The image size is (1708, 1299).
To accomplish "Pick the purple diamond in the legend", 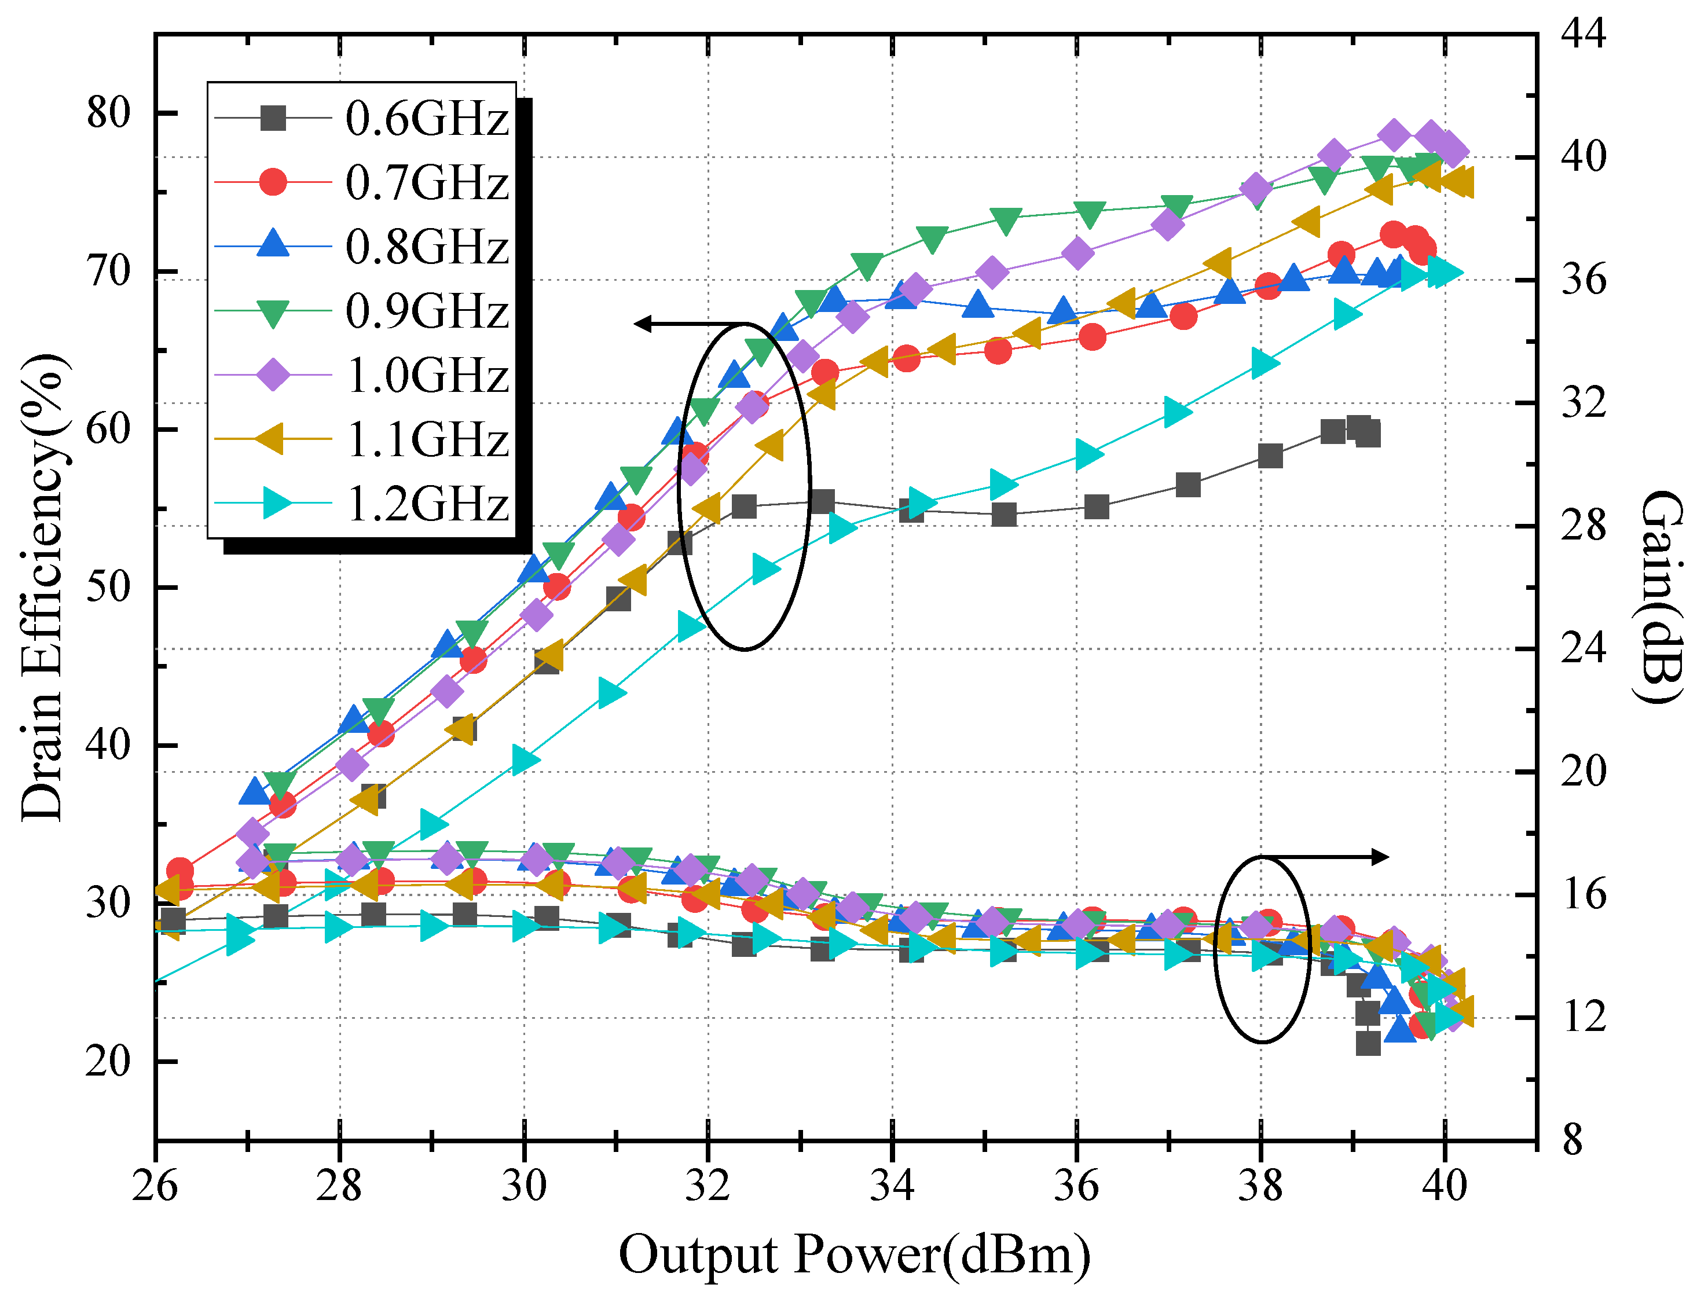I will point(273,376).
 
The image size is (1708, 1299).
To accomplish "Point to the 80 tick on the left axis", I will point(109,113).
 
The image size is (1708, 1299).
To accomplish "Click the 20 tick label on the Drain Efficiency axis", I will point(109,1062).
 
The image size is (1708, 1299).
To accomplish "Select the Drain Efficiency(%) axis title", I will point(42,588).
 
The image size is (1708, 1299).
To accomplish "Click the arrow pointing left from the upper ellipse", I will point(680,323).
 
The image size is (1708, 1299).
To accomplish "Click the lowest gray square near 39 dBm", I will point(1368,1043).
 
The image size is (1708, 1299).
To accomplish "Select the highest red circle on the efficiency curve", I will point(1393,233).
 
